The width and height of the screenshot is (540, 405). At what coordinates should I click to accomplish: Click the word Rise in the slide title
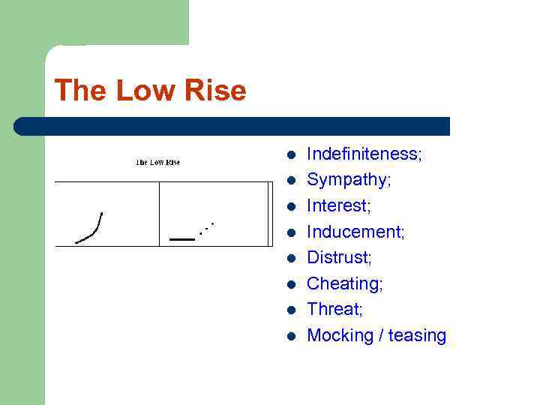217,91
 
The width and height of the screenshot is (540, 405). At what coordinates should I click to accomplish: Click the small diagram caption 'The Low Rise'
157,162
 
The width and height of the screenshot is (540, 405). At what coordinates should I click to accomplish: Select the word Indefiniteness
364,154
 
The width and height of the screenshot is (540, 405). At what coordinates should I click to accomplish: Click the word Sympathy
349,180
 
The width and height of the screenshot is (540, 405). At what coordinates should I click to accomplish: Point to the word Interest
339,205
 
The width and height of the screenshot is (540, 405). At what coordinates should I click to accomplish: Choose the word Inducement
355,232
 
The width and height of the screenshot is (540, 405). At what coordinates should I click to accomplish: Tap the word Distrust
339,257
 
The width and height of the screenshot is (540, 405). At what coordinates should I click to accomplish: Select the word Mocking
340,335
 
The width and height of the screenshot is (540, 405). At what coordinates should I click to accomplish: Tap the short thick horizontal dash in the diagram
181,238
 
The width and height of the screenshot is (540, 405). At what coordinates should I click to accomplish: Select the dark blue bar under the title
232,126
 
